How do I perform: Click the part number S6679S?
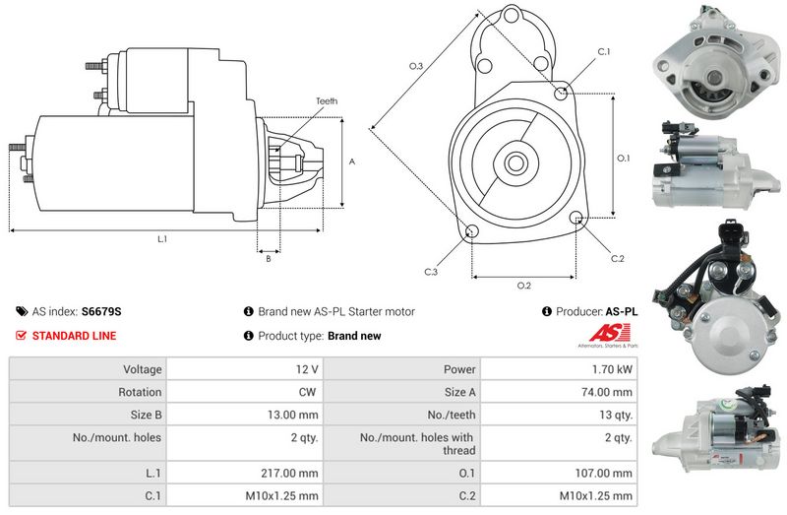click(101, 311)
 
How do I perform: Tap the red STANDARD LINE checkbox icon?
click(21, 336)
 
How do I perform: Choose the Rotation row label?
click(140, 392)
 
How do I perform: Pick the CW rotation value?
click(307, 392)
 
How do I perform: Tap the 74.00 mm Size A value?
click(607, 392)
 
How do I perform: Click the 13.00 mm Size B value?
click(292, 415)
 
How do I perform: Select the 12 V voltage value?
click(307, 369)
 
